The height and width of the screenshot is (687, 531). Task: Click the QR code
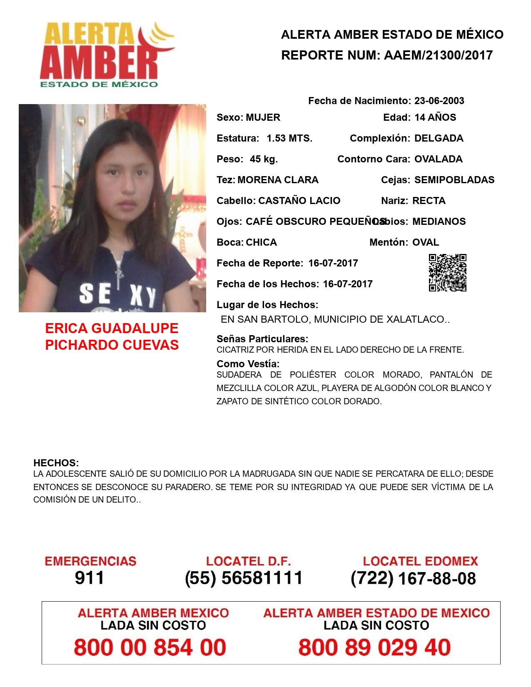pyautogui.click(x=448, y=273)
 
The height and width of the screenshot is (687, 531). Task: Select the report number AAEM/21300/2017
pyautogui.click(x=438, y=55)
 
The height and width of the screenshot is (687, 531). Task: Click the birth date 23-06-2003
pyautogui.click(x=439, y=101)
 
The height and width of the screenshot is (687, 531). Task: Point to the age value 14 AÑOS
pyautogui.click(x=435, y=117)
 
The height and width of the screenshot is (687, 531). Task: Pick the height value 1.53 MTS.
pyautogui.click(x=289, y=138)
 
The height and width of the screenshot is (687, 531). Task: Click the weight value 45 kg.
pyautogui.click(x=264, y=159)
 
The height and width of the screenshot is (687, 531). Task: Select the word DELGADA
pyautogui.click(x=439, y=138)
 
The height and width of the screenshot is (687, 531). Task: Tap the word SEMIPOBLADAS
pyautogui.click(x=454, y=180)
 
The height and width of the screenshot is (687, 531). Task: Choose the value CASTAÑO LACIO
pyautogui.click(x=299, y=201)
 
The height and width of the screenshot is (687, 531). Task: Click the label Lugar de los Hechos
pyautogui.click(x=267, y=305)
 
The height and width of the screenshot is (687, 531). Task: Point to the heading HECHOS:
pyautogui.click(x=56, y=463)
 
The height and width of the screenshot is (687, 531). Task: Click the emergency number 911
pyautogui.click(x=90, y=578)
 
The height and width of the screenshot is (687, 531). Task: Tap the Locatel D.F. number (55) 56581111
pyautogui.click(x=244, y=578)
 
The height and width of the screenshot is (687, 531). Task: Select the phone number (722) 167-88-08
pyautogui.click(x=413, y=578)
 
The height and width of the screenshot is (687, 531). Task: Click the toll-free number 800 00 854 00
pyautogui.click(x=150, y=647)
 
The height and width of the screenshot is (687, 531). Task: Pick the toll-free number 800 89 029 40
pyautogui.click(x=374, y=647)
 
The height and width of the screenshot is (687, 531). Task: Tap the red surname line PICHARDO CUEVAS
pyautogui.click(x=112, y=345)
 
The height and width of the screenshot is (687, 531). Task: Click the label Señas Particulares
pyautogui.click(x=262, y=339)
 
